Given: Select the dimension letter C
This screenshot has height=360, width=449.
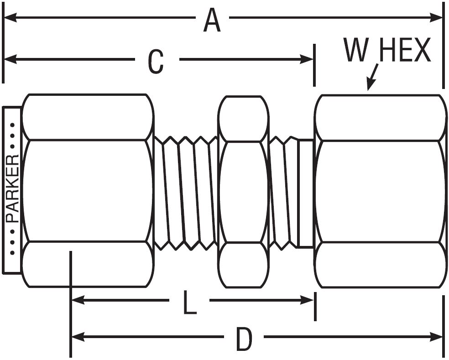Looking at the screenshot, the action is click(156, 62).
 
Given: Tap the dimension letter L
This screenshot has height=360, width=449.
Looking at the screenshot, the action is click(189, 303).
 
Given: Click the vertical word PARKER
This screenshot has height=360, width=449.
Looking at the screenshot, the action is click(13, 189).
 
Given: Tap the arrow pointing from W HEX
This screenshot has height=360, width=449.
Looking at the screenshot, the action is click(372, 77).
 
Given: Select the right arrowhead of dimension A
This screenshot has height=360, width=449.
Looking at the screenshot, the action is click(436, 17).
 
